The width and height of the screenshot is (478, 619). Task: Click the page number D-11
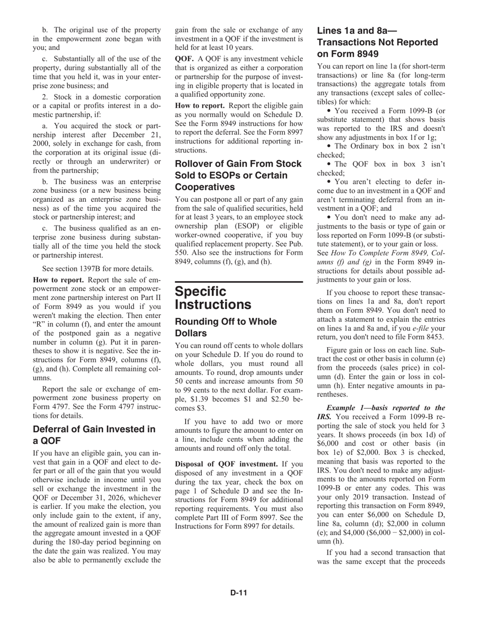tap(238, 592)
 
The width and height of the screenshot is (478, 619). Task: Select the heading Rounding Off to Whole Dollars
tap(225, 327)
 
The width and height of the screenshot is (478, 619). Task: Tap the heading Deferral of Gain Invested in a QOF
tap(94, 435)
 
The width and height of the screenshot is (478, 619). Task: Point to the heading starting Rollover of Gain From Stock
tap(238, 175)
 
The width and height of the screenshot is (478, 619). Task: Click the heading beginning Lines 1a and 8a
tap(377, 42)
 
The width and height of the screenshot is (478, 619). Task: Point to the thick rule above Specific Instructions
tap(238, 282)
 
